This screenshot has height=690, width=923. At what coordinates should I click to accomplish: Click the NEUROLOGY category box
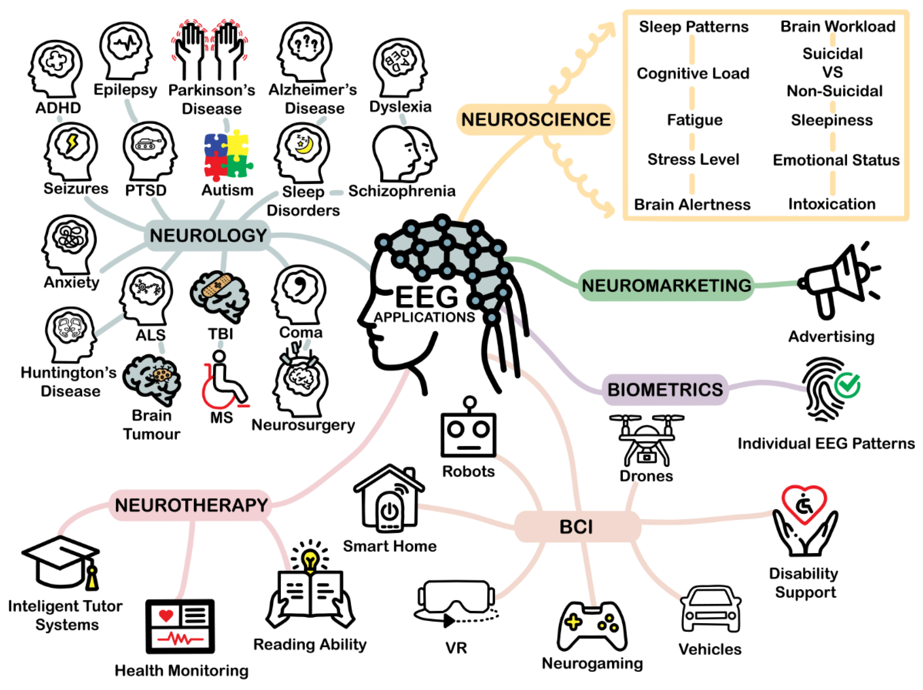click(207, 236)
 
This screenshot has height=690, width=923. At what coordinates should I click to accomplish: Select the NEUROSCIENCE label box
click(535, 120)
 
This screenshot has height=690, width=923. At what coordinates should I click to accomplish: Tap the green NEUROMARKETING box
click(666, 286)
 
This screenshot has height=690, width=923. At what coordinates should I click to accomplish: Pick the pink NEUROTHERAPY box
click(191, 505)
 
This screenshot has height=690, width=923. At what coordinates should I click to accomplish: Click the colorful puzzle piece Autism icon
click(227, 155)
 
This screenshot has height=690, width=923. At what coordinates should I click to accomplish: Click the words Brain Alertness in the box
click(692, 205)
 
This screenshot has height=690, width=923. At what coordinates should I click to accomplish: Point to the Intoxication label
click(832, 204)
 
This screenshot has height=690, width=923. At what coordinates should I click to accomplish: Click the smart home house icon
click(389, 499)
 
